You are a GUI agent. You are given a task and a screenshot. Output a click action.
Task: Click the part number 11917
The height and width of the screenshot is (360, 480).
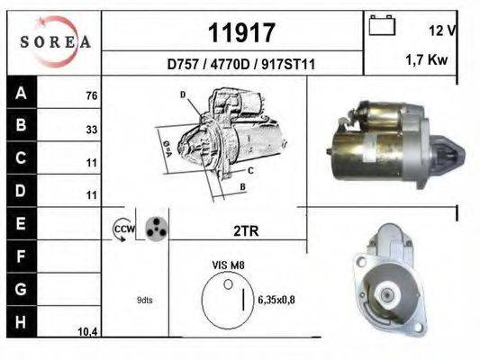pos(240,33)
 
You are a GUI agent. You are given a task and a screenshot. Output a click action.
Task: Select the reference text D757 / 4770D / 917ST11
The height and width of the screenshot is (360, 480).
pos(240,65)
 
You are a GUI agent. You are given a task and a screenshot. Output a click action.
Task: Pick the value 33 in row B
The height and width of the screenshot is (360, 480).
pos(91,129)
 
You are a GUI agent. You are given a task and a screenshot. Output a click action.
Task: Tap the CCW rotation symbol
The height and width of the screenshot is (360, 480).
pos(122,229)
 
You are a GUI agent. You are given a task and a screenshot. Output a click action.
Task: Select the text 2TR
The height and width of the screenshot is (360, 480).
pos(245,230)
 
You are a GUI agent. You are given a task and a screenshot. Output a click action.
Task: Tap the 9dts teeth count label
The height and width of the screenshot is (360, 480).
pos(145,300)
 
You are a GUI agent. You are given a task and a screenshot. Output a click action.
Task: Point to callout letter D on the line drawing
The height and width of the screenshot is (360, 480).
pos(183,94)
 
